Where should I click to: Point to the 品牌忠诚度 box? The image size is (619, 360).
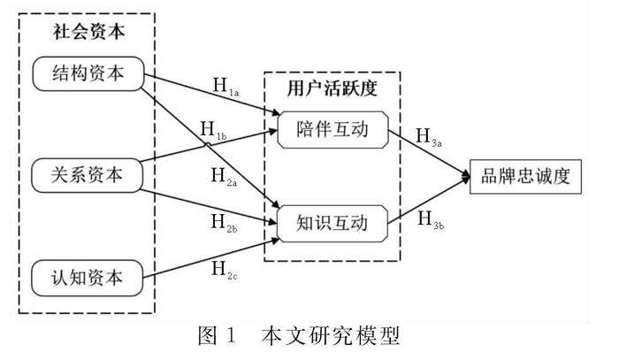[526, 176]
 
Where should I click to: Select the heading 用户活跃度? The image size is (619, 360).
[332, 88]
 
